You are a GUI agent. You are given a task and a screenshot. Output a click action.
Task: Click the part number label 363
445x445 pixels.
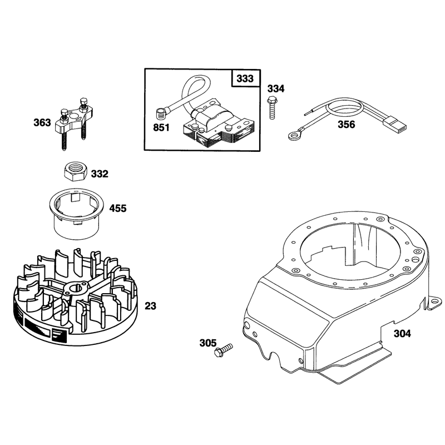(42, 122)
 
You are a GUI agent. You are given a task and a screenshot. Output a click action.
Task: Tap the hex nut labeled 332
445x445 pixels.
(75, 171)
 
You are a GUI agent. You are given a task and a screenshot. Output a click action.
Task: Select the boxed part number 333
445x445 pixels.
(245, 78)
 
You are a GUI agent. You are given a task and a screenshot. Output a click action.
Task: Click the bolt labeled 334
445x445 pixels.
(271, 108)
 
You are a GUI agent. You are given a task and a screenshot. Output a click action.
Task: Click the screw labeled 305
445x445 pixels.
(223, 350)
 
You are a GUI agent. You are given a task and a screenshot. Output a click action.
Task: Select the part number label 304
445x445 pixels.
(402, 333)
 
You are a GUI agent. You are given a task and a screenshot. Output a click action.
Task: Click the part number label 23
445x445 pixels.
(150, 306)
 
